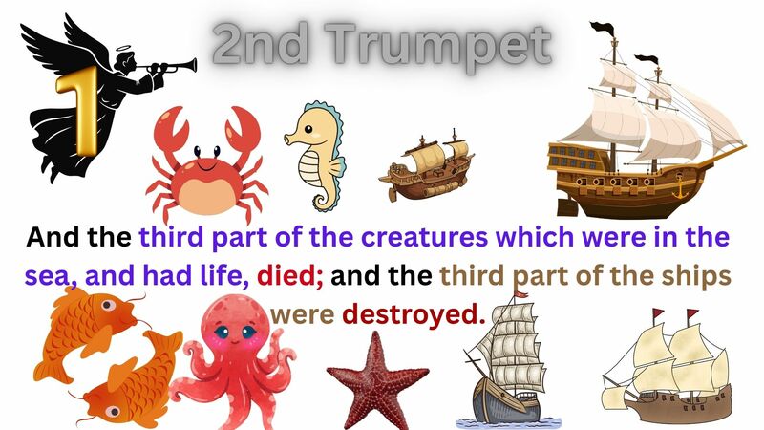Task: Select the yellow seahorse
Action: tap(314, 154)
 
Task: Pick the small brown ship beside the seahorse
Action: tap(427, 166)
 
